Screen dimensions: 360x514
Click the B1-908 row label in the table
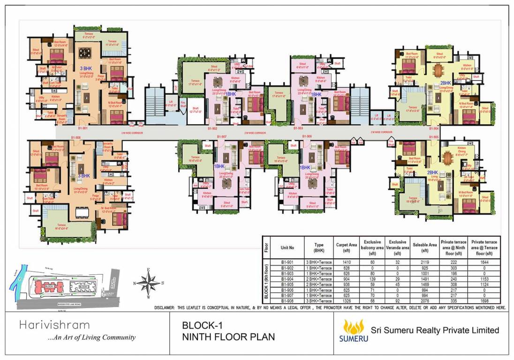tap(287, 300)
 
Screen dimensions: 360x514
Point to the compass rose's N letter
tap(135, 283)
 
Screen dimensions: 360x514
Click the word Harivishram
tap(54, 325)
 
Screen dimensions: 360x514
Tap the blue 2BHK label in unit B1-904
tap(446, 83)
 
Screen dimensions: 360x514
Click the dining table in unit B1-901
tap(85, 52)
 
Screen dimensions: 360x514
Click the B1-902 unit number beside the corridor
tap(212, 128)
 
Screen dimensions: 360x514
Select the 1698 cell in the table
tap(485, 300)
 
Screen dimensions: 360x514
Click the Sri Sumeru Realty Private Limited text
tap(435, 330)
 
